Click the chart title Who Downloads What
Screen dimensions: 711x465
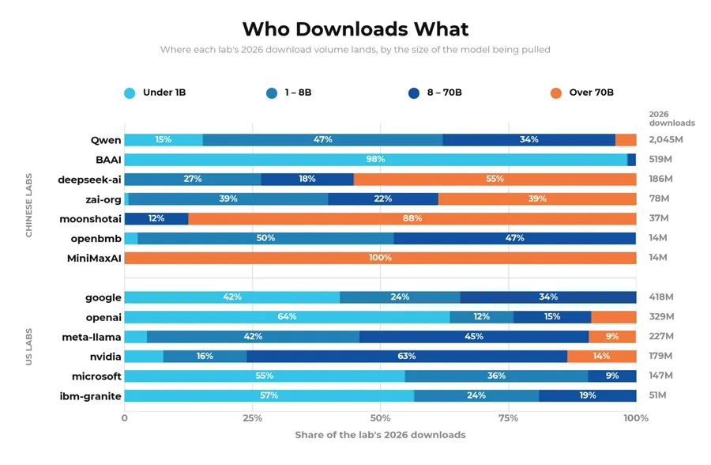[355, 29]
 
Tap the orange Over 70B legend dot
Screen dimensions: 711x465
[556, 93]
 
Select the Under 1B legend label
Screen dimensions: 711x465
[164, 93]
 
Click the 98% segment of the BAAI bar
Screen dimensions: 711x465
[376, 160]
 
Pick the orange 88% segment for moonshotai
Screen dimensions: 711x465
[412, 218]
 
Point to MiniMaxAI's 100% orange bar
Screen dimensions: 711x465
[381, 258]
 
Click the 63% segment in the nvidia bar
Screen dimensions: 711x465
[407, 356]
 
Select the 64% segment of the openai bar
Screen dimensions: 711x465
[287, 317]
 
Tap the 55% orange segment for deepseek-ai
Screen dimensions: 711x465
[495, 180]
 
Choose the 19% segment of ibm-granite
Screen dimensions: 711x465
[588, 395]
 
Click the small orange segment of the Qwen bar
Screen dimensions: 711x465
[626, 140]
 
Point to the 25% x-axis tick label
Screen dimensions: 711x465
[253, 418]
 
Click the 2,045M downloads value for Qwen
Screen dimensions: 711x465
[666, 140]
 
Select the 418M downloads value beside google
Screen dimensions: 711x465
[661, 297]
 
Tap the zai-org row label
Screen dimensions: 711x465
[103, 199]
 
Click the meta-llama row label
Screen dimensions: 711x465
[92, 337]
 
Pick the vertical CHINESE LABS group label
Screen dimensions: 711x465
[29, 206]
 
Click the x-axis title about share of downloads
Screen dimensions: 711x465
[381, 435]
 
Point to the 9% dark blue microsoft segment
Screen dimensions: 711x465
[612, 376]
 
